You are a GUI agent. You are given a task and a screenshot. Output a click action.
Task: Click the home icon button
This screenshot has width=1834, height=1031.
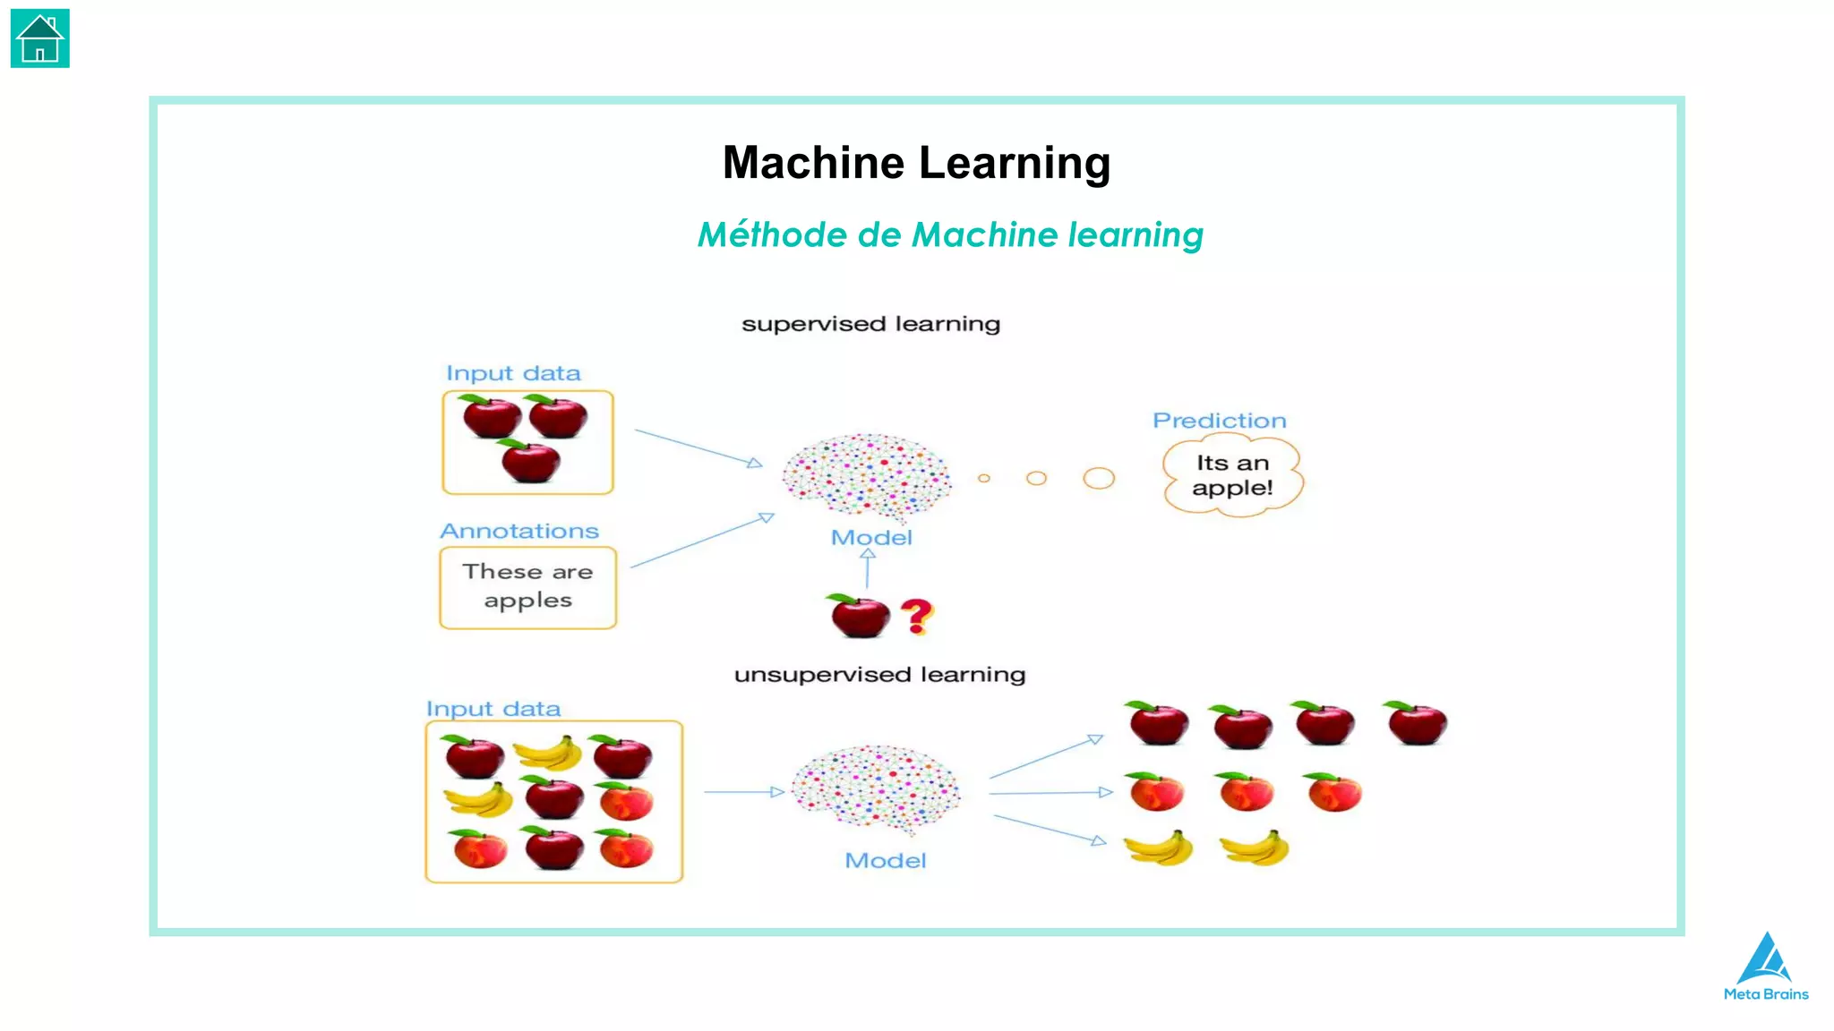pos(39,38)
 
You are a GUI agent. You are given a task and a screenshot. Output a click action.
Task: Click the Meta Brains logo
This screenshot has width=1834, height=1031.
pos(1765,967)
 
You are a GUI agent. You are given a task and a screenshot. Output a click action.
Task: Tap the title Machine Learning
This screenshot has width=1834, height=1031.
pos(916,163)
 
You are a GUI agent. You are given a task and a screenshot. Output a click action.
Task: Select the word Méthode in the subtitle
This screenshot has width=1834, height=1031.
pos(771,235)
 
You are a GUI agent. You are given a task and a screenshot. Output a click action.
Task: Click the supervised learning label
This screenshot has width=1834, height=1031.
pos(870,324)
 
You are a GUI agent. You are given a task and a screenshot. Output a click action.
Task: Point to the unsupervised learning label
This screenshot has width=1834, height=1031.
pos(879,675)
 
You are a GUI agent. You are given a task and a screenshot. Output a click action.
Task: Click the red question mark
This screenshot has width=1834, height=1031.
pos(916,616)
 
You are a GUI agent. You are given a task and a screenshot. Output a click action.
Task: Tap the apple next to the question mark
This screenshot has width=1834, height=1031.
pos(859,616)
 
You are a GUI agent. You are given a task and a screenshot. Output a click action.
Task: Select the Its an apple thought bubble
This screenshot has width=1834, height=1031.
pos(1232,475)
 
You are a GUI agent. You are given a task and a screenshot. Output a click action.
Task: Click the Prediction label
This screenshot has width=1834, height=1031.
pos(1219,421)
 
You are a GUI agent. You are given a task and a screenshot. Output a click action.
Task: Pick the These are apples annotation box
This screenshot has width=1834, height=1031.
pos(527,587)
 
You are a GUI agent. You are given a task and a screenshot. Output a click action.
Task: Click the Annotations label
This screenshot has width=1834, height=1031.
pos(518,532)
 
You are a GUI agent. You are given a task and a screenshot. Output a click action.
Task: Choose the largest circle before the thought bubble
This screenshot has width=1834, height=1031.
pos(1098,478)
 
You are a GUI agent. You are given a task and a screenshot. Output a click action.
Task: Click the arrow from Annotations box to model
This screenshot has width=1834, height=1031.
pos(701,541)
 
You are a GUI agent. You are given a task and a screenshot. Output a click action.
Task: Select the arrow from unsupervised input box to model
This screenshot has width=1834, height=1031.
pos(743,792)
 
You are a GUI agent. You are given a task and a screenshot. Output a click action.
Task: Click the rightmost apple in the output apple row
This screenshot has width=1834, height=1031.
pos(1416,723)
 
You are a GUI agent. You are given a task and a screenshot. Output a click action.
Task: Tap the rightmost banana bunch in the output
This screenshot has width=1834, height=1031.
pos(1256,848)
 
